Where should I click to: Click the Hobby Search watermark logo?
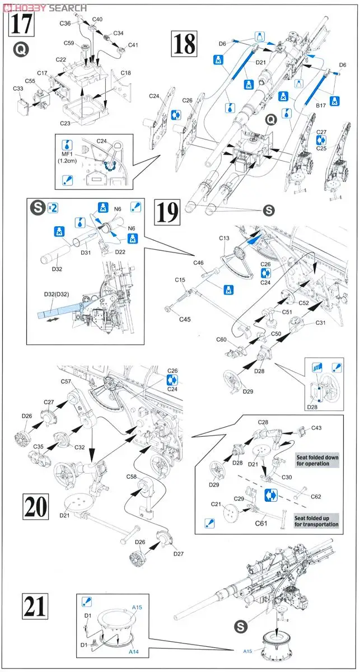45,7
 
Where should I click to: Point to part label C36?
64,24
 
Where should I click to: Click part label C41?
133,45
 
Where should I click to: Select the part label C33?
17,88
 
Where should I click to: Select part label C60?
221,339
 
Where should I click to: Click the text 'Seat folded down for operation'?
317,461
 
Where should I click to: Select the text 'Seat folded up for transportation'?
317,521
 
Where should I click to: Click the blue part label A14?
133,652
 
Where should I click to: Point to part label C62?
316,496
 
